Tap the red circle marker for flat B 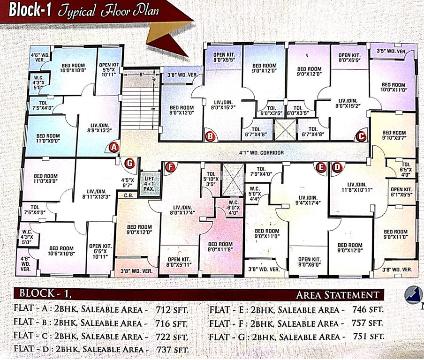tap(211, 136)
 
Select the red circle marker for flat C tap(361, 136)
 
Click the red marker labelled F tap(172, 167)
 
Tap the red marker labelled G tap(130, 164)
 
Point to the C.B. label tap(127, 196)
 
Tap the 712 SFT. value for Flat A tap(174, 310)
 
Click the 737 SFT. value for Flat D tap(175, 350)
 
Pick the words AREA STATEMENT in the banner tap(338, 295)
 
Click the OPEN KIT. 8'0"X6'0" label tap(309, 261)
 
